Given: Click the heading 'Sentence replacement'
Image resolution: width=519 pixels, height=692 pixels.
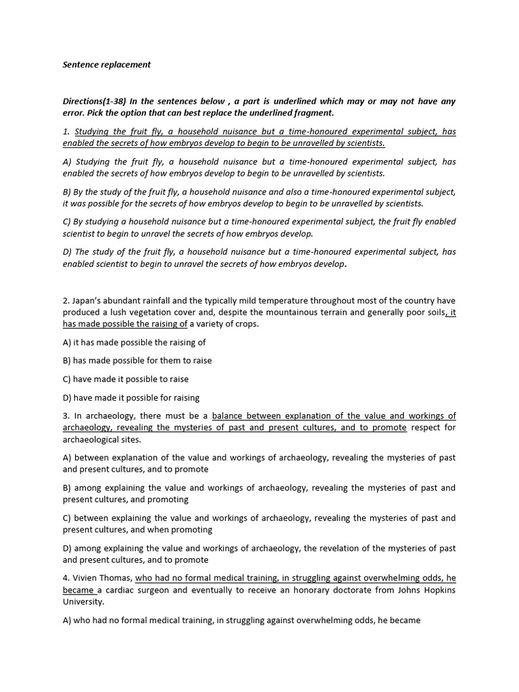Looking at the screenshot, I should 107,65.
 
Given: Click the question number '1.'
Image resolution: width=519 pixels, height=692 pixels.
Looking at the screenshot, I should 66,132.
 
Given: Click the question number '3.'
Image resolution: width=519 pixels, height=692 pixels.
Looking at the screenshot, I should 66,416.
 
